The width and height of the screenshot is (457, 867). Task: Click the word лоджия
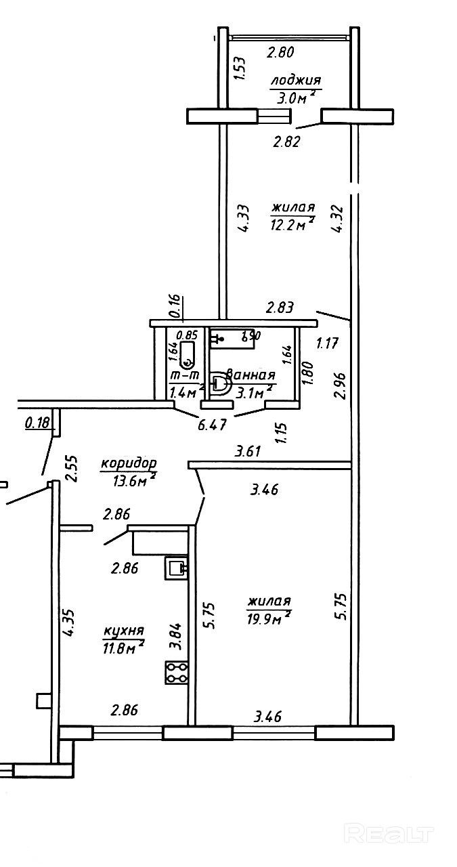coord(295,81)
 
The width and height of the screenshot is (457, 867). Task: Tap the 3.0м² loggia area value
coord(295,98)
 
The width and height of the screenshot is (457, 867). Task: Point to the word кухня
coord(123,631)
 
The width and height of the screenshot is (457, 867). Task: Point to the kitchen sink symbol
coord(176,568)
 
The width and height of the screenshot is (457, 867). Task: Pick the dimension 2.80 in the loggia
coord(282,51)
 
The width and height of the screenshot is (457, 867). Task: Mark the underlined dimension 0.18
coord(37,424)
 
